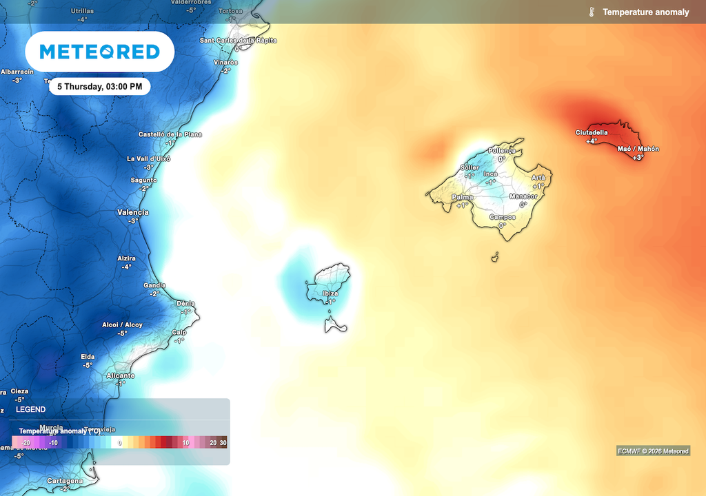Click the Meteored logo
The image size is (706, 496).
point(99,52)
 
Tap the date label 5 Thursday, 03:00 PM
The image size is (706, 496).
point(99,87)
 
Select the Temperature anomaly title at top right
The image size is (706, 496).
point(645,12)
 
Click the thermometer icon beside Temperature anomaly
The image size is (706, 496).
point(592,12)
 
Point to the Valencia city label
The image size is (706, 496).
point(133,212)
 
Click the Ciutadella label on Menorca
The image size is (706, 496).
point(592,132)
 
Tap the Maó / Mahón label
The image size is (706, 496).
point(638,149)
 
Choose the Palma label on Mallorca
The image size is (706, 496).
point(462,197)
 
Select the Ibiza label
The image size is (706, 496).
point(330,293)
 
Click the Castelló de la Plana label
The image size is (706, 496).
point(170,134)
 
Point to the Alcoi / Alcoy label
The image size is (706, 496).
point(122,324)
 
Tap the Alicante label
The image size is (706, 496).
point(121,375)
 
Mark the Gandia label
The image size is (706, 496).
point(154,285)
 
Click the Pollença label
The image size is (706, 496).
point(501,150)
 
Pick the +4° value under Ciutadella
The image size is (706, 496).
point(592,141)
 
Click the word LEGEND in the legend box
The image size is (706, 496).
point(31,409)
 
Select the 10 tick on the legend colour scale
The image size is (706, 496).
point(185,443)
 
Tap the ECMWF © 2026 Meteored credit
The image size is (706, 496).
point(652,451)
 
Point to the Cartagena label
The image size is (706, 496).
point(65,481)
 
